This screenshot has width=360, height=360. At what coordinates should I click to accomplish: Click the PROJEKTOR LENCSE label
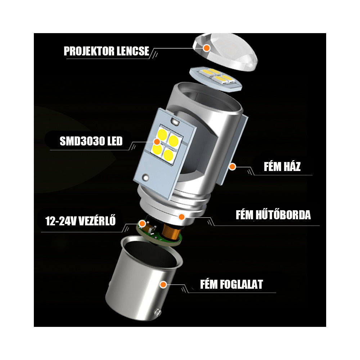106,51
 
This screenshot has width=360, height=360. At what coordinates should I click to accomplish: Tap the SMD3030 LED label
91,141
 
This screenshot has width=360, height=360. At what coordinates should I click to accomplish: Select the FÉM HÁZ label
282,167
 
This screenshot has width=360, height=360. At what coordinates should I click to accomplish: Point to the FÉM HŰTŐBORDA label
273,215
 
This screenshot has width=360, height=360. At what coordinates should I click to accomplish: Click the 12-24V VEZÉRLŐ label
81,220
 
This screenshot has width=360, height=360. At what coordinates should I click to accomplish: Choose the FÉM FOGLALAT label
231,284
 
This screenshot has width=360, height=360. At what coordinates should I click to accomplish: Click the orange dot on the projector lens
206,48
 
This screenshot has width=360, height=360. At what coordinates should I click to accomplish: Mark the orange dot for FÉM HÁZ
233,167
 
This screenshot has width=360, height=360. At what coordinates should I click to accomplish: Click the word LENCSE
134,51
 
